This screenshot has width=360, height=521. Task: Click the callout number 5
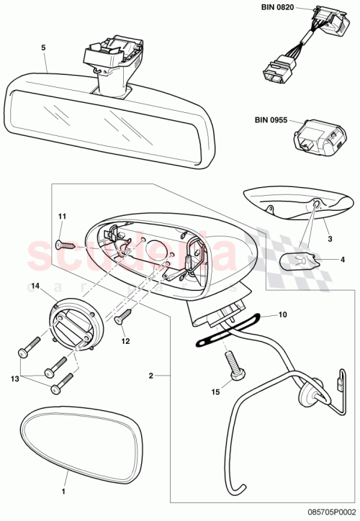click(x=43, y=47)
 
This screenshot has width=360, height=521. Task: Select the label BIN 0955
click(x=271, y=121)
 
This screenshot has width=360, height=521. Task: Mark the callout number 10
click(x=283, y=314)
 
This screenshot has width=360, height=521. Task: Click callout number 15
click(x=215, y=392)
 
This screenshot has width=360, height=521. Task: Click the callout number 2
click(x=151, y=374)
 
